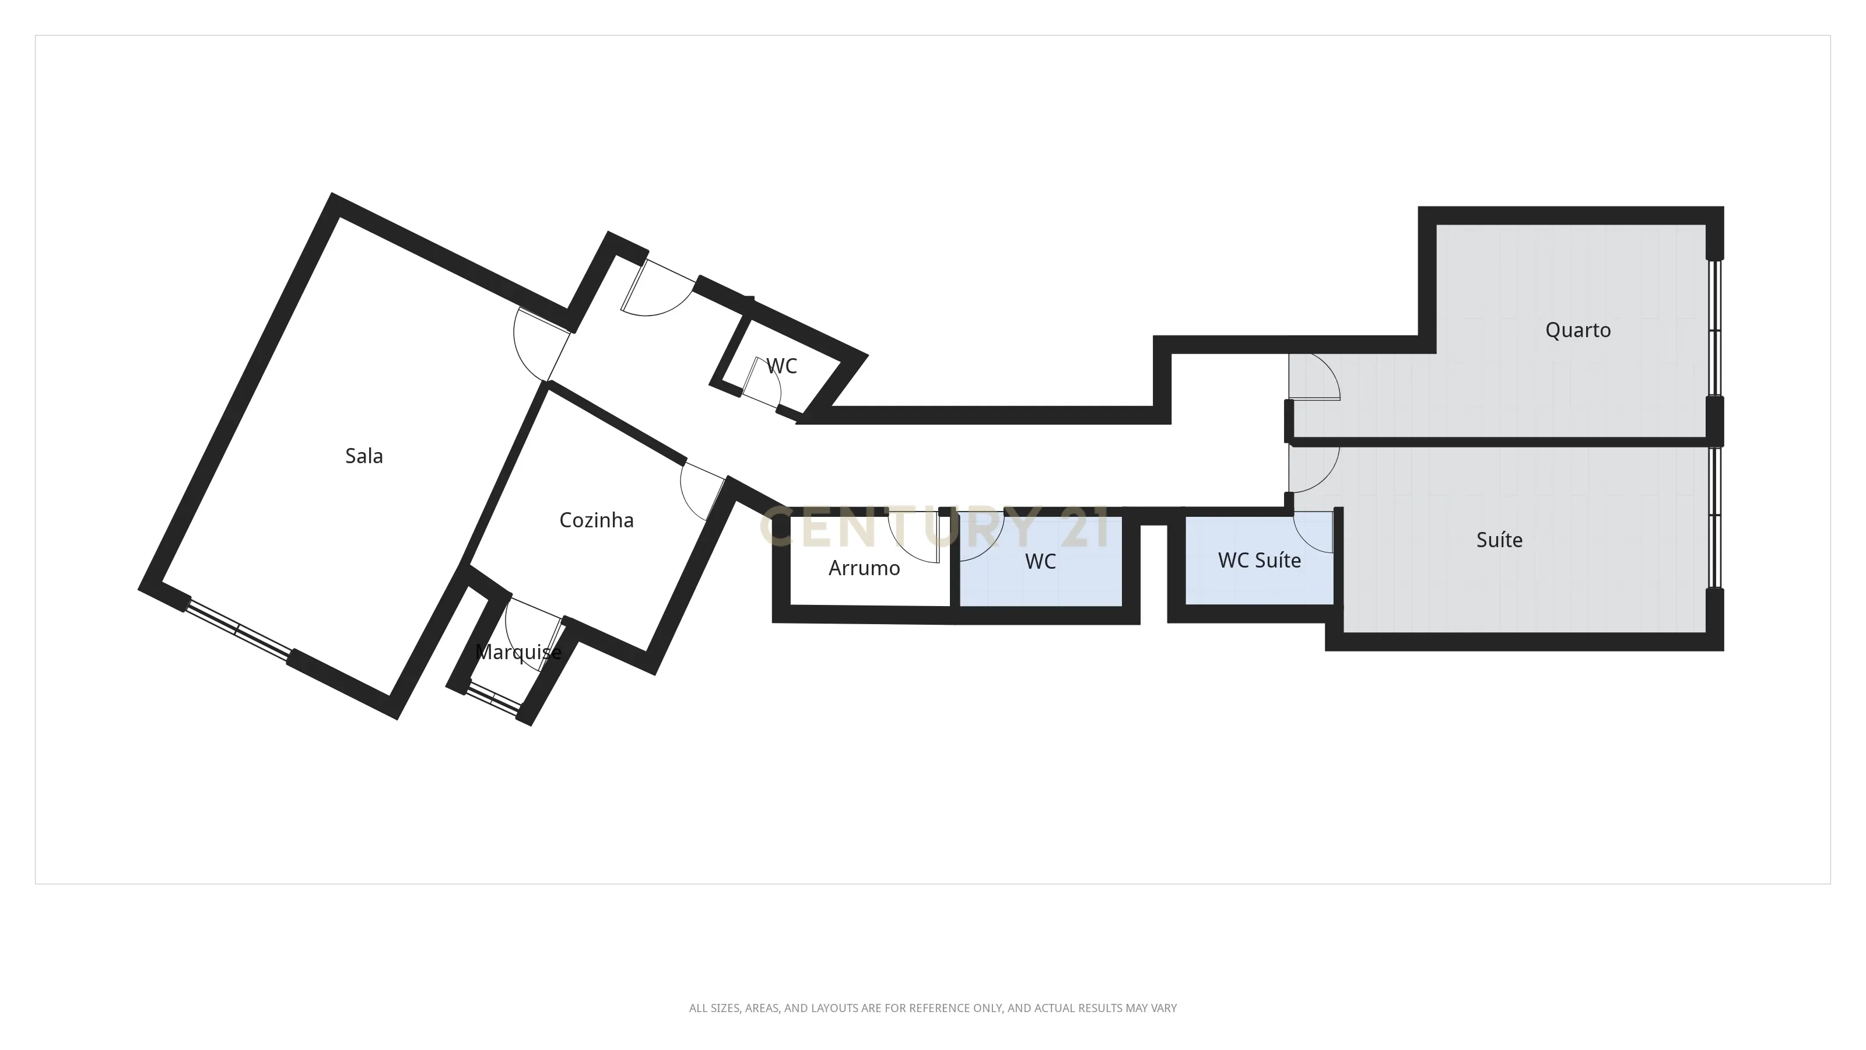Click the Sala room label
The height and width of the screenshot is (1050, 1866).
(364, 456)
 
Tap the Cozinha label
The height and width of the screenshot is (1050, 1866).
(596, 520)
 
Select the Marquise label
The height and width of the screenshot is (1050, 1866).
(518, 652)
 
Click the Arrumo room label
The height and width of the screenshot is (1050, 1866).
(864, 568)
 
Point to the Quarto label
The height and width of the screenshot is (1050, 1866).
(1578, 330)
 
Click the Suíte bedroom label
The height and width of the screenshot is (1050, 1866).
(1499, 540)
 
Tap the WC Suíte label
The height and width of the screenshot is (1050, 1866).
(1259, 560)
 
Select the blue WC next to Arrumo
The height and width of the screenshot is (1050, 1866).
(1040, 562)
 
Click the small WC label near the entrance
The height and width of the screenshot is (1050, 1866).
(781, 366)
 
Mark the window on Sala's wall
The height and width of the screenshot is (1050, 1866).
(237, 630)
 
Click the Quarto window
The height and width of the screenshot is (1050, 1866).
(1714, 330)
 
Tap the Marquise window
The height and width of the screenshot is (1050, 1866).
(493, 699)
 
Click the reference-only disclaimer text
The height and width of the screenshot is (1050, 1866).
(932, 1008)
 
